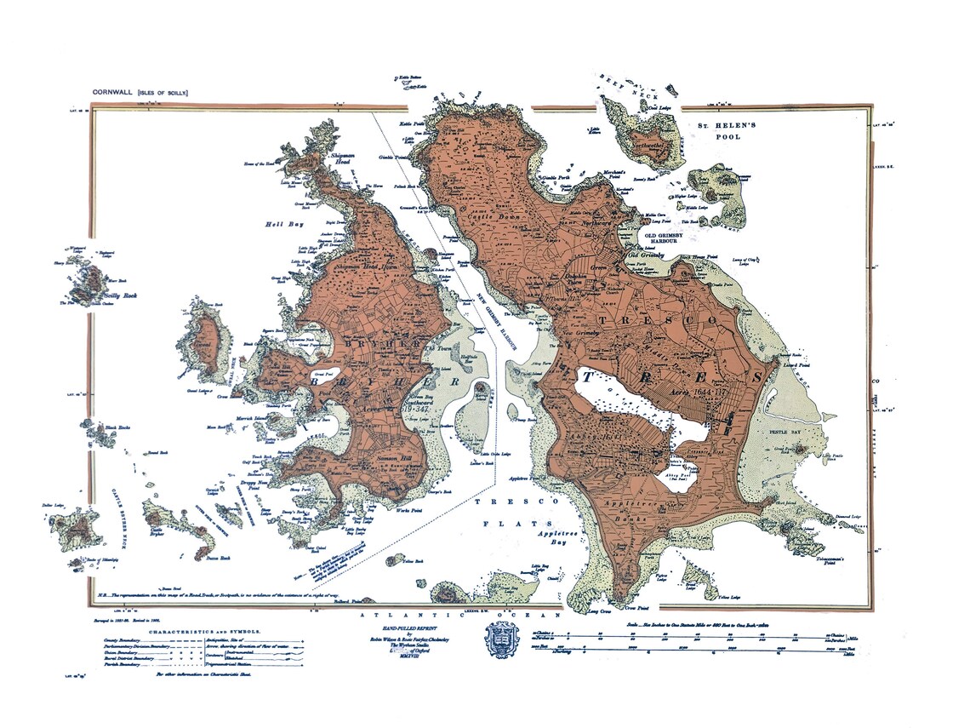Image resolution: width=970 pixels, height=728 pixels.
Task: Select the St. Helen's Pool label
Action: coord(726,130)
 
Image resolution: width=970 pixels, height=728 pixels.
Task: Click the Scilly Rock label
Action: coord(119,296)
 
